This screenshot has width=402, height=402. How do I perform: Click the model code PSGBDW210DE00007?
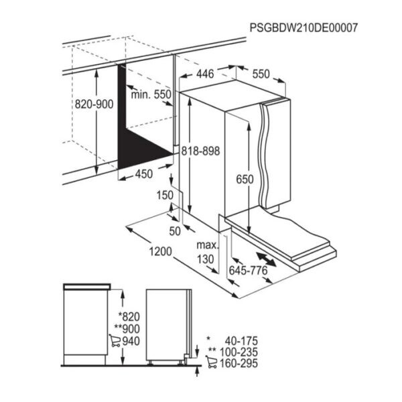304,27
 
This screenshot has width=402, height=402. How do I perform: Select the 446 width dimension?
205,74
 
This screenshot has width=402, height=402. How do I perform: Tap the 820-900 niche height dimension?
94,105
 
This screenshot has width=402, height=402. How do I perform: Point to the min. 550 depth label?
151,94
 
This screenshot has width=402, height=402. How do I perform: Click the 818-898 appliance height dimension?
201,151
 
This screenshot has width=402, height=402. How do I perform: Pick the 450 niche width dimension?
144,174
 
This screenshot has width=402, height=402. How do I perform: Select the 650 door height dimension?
245,179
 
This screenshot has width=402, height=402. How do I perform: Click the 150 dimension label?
165,195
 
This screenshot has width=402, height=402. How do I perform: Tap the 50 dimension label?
175,231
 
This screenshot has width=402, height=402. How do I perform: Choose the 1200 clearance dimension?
161,251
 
